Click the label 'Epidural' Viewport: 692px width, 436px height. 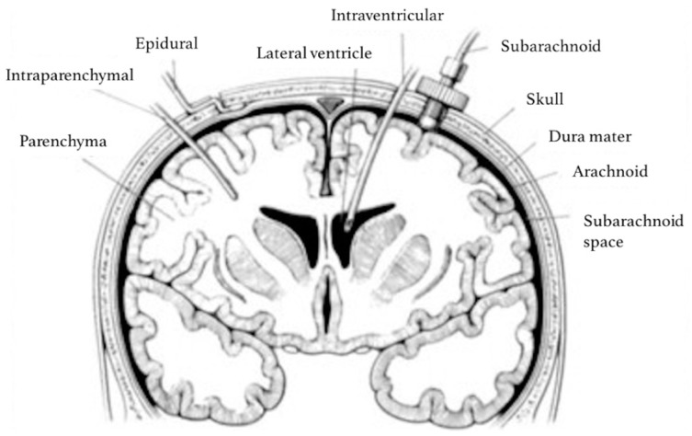point(166,44)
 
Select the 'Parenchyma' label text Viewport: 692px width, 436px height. point(62,143)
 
